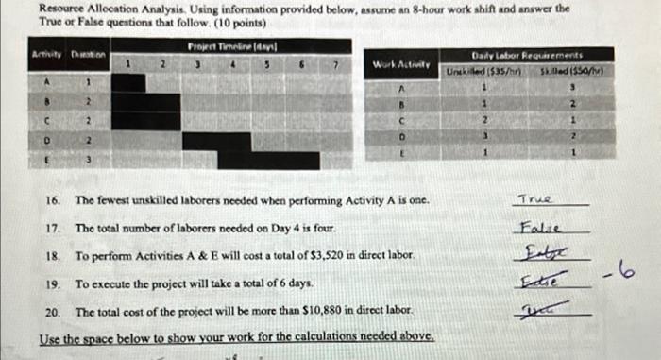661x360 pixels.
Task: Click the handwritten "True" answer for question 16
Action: click(x=534, y=200)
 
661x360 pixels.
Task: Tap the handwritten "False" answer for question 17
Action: click(x=538, y=228)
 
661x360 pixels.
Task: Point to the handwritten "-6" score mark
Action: click(x=624, y=274)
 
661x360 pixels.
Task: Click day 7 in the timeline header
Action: click(x=335, y=64)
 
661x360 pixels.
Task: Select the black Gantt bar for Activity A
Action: click(x=130, y=83)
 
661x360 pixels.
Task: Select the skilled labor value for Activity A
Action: click(x=571, y=86)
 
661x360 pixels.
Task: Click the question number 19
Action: click(x=54, y=283)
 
